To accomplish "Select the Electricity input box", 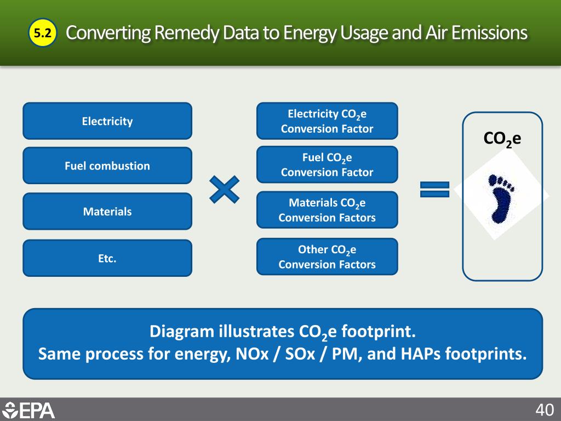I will pyautogui.click(x=107, y=121).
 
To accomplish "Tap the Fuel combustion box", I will pyautogui.click(x=107, y=166).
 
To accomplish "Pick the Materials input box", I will pyautogui.click(x=107, y=211).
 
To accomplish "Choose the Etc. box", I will pyautogui.click(x=107, y=258).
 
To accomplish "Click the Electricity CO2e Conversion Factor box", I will pyautogui.click(x=327, y=121).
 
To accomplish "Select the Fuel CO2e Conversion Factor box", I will pyautogui.click(x=327, y=165).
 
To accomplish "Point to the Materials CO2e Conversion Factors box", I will pyautogui.click(x=327, y=210).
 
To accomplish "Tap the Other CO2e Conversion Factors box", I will pyautogui.click(x=327, y=257).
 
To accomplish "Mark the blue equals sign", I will pyautogui.click(x=434, y=190).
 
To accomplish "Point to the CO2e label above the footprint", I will pyautogui.click(x=502, y=139).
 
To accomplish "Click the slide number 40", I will pyautogui.click(x=545, y=410).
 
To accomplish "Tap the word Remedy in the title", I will pyautogui.click(x=184, y=33).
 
